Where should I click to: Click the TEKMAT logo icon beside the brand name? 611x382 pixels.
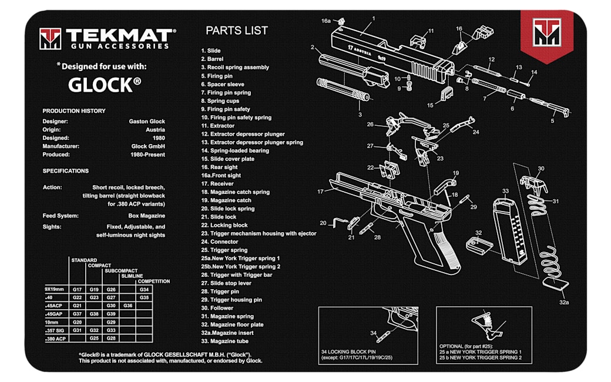50,39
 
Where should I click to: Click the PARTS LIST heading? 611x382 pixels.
237,31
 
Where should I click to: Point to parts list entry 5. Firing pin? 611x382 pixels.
220,76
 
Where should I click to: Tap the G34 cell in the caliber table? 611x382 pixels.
144,289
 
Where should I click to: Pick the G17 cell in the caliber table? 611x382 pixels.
77,289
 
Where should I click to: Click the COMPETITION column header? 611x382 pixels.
153,282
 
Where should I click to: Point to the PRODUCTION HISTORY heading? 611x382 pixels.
74,110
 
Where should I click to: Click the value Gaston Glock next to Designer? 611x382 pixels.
147,122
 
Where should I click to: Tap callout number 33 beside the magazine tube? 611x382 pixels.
505,191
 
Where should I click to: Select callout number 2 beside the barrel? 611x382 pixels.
313,48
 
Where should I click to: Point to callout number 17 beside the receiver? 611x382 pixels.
320,192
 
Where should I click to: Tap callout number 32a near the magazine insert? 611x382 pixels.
564,302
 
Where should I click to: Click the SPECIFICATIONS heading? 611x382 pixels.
66,171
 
